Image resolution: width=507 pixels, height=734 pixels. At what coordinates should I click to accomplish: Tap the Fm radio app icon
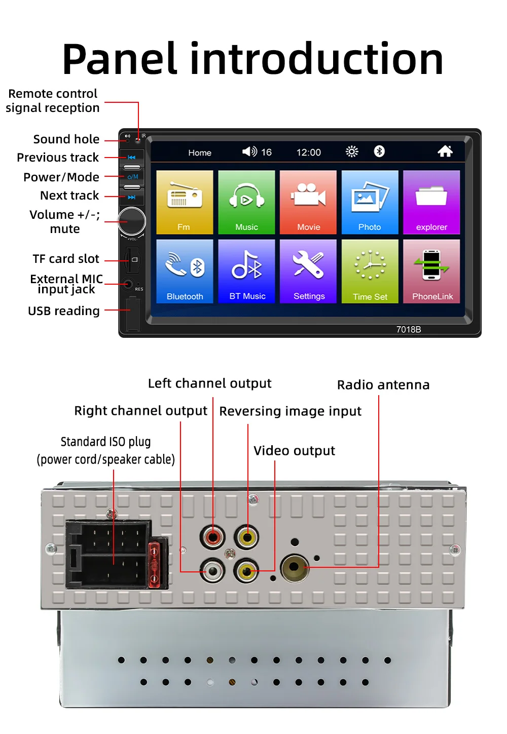[185, 202]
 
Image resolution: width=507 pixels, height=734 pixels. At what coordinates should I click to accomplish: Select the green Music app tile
[246, 202]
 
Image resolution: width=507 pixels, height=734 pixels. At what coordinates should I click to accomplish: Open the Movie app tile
[308, 202]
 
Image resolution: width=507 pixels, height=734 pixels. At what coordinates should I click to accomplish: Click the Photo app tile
[370, 202]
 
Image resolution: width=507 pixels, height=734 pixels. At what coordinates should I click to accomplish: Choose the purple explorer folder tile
[431, 202]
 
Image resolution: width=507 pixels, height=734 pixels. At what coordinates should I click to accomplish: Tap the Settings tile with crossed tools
[308, 271]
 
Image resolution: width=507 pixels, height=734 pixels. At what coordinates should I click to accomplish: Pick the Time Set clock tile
[370, 271]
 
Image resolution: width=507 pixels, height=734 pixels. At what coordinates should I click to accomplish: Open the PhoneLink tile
[431, 271]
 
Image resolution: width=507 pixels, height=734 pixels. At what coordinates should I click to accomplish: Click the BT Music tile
[246, 271]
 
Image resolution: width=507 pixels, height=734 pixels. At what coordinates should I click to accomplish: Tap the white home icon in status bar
[445, 151]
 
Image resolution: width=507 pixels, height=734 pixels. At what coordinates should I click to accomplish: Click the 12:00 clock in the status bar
[308, 152]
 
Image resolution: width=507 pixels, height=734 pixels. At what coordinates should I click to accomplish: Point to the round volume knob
[132, 221]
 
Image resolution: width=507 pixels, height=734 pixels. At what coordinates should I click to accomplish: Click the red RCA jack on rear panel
[212, 536]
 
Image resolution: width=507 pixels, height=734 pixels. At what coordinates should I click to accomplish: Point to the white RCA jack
[212, 571]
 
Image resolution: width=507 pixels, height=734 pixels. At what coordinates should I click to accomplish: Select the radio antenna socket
[295, 568]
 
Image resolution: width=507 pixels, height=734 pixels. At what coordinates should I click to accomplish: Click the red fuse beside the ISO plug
[155, 562]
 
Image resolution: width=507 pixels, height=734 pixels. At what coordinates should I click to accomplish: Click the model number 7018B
[409, 329]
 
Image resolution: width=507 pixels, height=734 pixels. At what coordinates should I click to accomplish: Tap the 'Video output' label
[294, 451]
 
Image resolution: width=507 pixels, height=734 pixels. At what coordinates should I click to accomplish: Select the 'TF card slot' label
[66, 259]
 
